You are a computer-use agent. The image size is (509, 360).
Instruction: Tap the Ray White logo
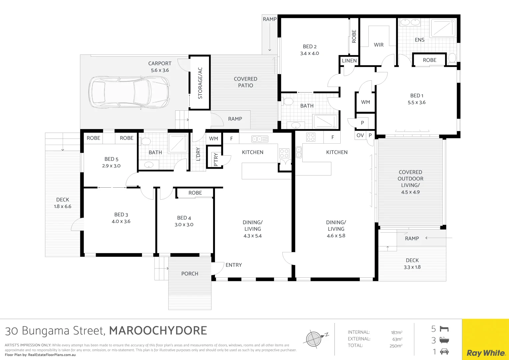click(x=486, y=353)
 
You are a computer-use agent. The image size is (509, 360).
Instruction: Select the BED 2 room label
click(x=309, y=47)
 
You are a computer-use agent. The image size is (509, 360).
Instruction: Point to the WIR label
click(x=379, y=45)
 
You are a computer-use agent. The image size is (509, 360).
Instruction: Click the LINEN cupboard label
click(x=349, y=61)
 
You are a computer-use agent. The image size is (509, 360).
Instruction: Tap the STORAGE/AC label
click(x=200, y=83)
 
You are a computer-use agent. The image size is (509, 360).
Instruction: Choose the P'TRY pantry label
click(x=216, y=160)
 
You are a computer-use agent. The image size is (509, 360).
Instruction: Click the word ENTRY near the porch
click(x=234, y=265)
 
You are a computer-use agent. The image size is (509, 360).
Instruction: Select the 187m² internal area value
click(x=397, y=333)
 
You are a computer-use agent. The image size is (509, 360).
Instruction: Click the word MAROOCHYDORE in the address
click(x=158, y=331)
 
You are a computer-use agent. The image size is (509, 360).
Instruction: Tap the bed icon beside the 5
click(x=444, y=329)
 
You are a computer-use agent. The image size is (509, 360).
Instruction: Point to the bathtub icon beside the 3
click(x=444, y=340)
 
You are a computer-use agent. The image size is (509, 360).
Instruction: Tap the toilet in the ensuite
click(x=452, y=58)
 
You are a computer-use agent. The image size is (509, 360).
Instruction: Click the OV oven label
click(x=360, y=135)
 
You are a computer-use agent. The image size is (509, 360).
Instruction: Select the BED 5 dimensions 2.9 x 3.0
click(x=111, y=166)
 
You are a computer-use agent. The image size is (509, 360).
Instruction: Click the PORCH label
click(x=190, y=274)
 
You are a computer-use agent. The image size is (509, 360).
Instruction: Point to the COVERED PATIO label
click(x=245, y=82)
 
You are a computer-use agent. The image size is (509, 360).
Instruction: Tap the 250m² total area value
click(x=396, y=346)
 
